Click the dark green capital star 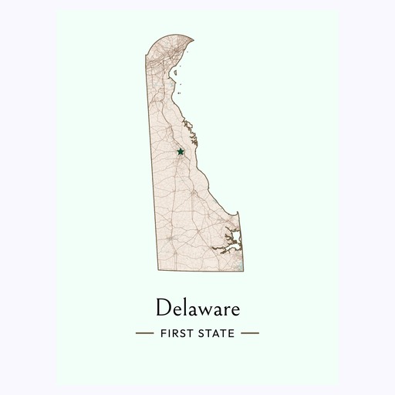(181, 151)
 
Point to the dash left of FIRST (145, 334)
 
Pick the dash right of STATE (250, 334)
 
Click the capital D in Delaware (162, 309)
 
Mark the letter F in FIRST (164, 334)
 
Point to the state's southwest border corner (157, 270)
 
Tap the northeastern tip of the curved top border (192, 39)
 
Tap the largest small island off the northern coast (177, 74)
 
